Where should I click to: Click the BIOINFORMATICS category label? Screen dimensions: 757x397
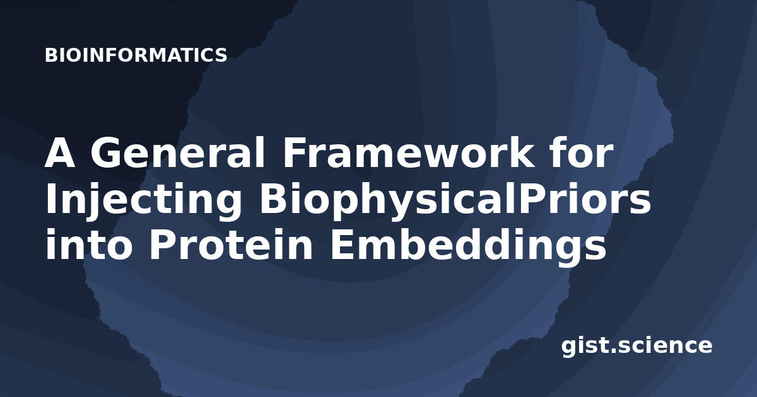pyautogui.click(x=136, y=55)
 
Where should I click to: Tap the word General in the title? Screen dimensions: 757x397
pyautogui.click(x=177, y=152)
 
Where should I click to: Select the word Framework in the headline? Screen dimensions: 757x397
pyautogui.click(x=409, y=152)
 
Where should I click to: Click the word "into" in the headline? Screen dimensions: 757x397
pyautogui.click(x=89, y=245)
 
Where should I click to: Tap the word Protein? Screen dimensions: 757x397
pyautogui.click(x=231, y=245)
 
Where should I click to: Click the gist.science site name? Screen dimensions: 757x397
pyautogui.click(x=637, y=347)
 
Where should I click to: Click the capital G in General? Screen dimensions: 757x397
pyautogui.click(x=106, y=152)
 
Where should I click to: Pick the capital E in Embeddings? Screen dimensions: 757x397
pyautogui.click(x=342, y=245)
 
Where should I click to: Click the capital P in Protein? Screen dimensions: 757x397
pyautogui.click(x=163, y=245)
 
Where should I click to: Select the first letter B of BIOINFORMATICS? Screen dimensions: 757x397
pyautogui.click(x=51, y=55)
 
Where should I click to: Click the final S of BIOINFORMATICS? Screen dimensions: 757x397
pyautogui.click(x=221, y=55)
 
